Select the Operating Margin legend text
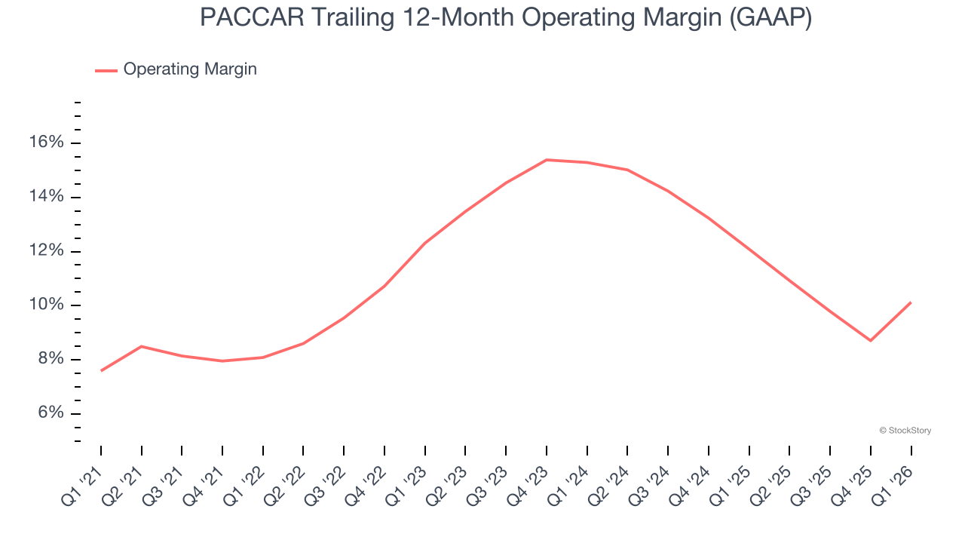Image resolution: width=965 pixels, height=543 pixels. [x=190, y=69]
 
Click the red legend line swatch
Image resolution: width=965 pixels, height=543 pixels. [x=106, y=70]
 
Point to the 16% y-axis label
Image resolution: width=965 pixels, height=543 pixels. [x=47, y=143]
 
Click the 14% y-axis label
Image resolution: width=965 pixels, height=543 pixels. [x=47, y=197]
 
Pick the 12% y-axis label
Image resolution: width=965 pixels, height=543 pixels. [x=47, y=251]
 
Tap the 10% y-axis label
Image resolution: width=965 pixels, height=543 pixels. [x=47, y=305]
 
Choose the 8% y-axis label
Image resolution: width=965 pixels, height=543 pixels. [x=52, y=359]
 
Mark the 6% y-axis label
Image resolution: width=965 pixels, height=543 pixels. [x=52, y=413]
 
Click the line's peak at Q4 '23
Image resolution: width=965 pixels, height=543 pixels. [x=547, y=160]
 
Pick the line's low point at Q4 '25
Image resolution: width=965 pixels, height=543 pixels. [x=871, y=341]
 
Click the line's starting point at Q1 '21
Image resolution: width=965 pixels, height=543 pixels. [x=101, y=370]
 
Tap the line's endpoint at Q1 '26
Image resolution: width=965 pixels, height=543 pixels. [x=911, y=302]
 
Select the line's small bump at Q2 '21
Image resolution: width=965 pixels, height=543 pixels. [x=142, y=346]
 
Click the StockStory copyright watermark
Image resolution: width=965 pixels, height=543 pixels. [x=905, y=431]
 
